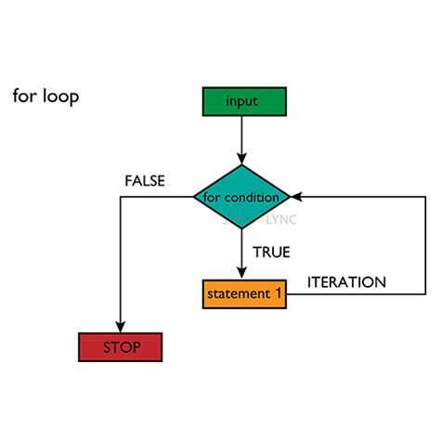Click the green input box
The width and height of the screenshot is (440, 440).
[x=241, y=101]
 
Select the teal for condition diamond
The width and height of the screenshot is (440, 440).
[x=241, y=197]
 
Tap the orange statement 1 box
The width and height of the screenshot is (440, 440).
[x=244, y=293]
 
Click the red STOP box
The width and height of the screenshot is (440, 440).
[x=121, y=347]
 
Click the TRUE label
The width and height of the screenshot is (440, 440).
[x=270, y=252]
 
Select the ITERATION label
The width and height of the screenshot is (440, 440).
[x=346, y=281]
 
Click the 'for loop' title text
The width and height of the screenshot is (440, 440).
[x=45, y=97]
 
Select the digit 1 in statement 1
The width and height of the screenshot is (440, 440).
[x=277, y=293]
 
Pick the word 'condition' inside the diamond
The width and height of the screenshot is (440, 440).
[x=252, y=198]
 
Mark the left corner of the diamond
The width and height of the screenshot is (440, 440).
[x=194, y=197]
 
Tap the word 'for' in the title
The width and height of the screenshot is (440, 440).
[x=23, y=97]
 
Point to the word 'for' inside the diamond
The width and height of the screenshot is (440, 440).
[x=213, y=198]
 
